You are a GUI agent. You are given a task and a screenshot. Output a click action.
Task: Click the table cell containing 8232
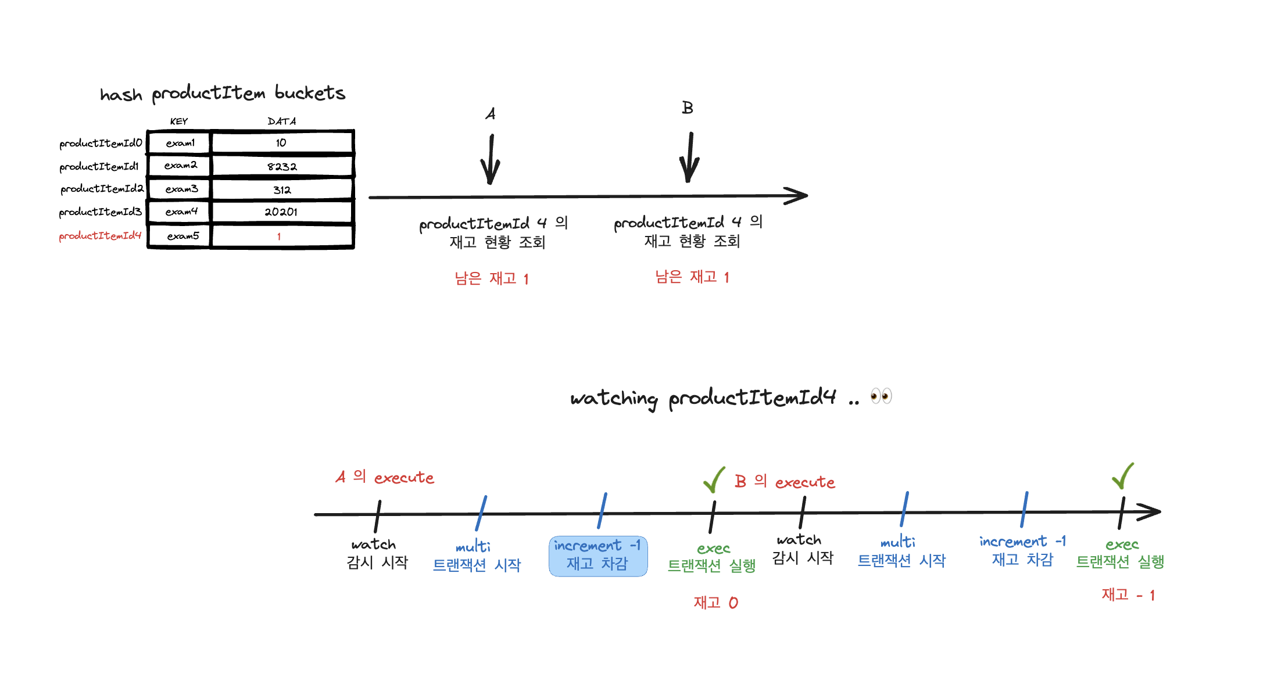coord(282,166)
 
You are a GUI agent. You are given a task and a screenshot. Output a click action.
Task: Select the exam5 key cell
coord(182,236)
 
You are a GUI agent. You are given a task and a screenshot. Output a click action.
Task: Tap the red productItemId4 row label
coord(100,236)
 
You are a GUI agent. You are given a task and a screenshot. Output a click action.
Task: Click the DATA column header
coord(282,121)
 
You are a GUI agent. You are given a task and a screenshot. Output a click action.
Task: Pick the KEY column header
coord(179,121)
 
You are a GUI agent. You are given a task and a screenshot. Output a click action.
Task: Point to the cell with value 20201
coord(281,212)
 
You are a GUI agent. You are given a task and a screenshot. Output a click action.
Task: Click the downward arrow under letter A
coord(491,160)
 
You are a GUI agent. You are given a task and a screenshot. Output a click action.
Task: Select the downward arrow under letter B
coord(690,157)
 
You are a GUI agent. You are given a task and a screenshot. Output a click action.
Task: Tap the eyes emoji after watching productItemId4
coord(881,396)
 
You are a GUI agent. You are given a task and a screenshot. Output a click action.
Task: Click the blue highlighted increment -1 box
coord(598,556)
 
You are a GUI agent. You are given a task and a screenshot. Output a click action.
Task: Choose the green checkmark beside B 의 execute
coord(714,479)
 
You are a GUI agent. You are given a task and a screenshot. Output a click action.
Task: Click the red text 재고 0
coord(715,603)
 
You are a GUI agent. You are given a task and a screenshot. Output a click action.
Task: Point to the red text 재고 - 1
coord(1128,594)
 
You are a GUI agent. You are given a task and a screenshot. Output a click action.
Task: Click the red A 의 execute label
coord(385,478)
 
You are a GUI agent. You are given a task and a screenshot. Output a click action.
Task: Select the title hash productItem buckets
coord(223,94)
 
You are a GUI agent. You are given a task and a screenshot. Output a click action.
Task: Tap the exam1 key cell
coord(180,143)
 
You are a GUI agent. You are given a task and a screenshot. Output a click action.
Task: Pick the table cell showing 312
coord(282,190)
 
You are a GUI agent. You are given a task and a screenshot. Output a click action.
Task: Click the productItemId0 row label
coord(101,144)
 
